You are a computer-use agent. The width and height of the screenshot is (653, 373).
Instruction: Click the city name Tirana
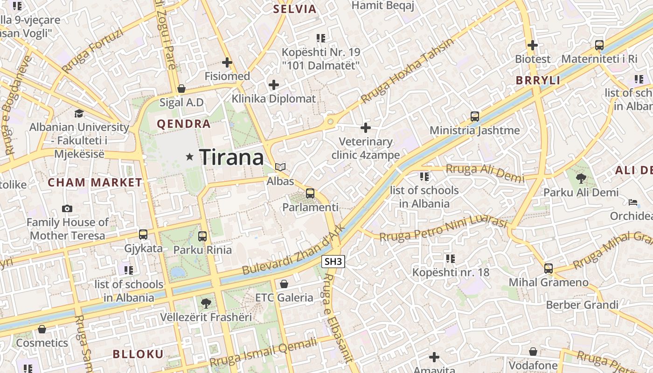point(232,158)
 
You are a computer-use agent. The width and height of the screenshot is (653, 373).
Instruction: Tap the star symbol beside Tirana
point(189,157)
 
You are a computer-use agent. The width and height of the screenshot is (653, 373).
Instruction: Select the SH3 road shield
point(333,262)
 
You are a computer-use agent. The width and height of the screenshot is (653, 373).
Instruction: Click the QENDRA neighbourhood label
point(184,124)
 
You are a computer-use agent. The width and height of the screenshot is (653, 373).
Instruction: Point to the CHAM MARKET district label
point(95,182)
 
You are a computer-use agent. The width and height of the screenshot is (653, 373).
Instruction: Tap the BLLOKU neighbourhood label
point(138,354)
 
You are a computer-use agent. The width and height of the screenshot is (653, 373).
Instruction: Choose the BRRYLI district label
point(538,80)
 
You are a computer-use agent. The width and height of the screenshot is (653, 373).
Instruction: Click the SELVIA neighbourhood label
point(295,9)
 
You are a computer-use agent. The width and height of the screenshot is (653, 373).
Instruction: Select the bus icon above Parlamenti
point(310,193)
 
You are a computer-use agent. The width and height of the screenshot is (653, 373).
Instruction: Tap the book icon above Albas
point(280,167)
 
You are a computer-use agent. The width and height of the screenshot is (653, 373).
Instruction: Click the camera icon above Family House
point(67,208)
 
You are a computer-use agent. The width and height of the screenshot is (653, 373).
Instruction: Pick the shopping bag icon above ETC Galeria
point(284,283)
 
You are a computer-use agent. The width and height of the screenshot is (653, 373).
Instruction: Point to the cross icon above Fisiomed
point(227,62)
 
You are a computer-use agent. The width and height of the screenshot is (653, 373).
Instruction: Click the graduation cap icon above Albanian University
point(79,113)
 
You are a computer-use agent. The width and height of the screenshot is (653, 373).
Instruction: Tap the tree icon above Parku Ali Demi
point(581,178)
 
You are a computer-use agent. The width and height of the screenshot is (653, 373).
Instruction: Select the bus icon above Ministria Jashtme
point(475,117)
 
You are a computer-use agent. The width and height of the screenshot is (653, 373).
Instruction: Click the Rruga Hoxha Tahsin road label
point(407,71)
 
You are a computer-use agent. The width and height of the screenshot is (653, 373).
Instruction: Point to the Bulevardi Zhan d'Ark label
point(293,250)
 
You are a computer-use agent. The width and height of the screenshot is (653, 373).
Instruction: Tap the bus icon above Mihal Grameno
point(549,269)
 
